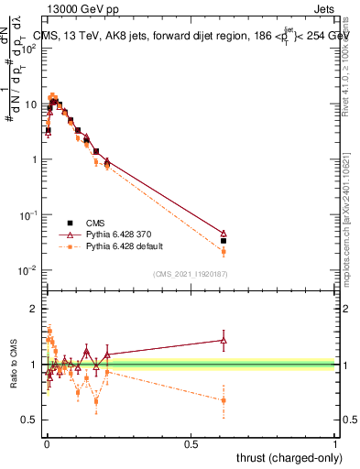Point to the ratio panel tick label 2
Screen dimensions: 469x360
34,309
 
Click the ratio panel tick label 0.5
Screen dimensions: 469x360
29,420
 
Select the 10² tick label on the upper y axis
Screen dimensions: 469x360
28,49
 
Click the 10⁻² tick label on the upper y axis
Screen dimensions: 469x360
28,269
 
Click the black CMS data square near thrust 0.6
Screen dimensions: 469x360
224,241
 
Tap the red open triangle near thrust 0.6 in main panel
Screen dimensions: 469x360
224,234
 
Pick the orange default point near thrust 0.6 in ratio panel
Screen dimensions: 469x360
224,400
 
